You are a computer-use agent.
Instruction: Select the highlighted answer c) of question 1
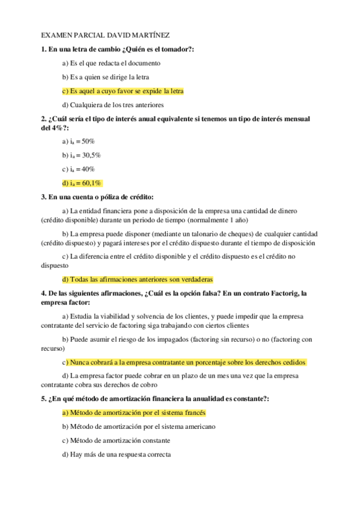[123, 91]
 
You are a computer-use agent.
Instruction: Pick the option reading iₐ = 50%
[78, 141]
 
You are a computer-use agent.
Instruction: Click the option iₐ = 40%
[78, 169]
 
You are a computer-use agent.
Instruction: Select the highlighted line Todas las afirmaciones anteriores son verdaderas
[137, 279]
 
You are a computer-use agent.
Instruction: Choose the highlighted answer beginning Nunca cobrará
[184, 362]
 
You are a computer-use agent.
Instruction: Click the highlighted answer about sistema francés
[134, 413]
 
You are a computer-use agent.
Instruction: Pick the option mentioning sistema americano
[139, 426]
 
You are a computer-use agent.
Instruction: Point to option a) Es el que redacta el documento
[111, 63]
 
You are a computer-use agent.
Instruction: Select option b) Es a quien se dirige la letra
[106, 77]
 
